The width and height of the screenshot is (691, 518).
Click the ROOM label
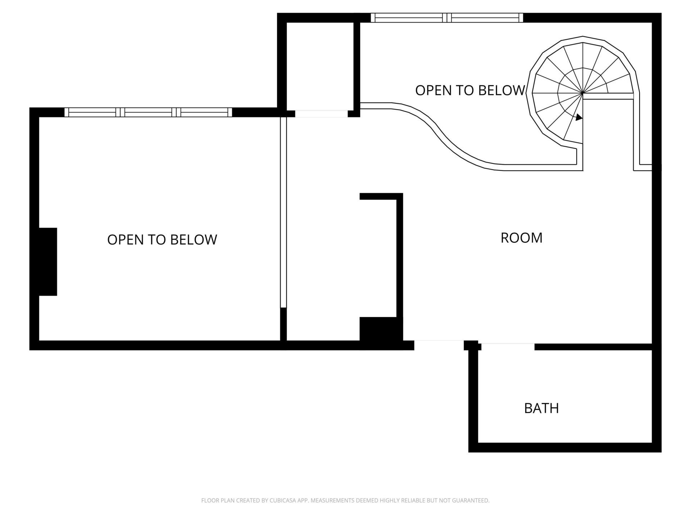pyautogui.click(x=521, y=238)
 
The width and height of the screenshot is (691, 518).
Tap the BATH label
pyautogui.click(x=541, y=408)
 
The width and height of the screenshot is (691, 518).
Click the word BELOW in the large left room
pyautogui.click(x=193, y=240)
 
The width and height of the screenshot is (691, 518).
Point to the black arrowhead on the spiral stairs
pyautogui.click(x=579, y=117)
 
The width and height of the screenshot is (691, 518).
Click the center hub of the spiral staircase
pyautogui.click(x=582, y=93)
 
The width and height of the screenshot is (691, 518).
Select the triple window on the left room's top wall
pyautogui.click(x=148, y=112)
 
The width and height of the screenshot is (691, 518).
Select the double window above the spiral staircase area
pyautogui.click(x=447, y=18)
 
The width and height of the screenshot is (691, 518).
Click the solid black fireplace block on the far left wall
pyautogui.click(x=48, y=262)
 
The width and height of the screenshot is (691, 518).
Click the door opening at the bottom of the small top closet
pyautogui.click(x=321, y=114)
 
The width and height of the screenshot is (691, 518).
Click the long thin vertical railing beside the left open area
pyautogui.click(x=283, y=212)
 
